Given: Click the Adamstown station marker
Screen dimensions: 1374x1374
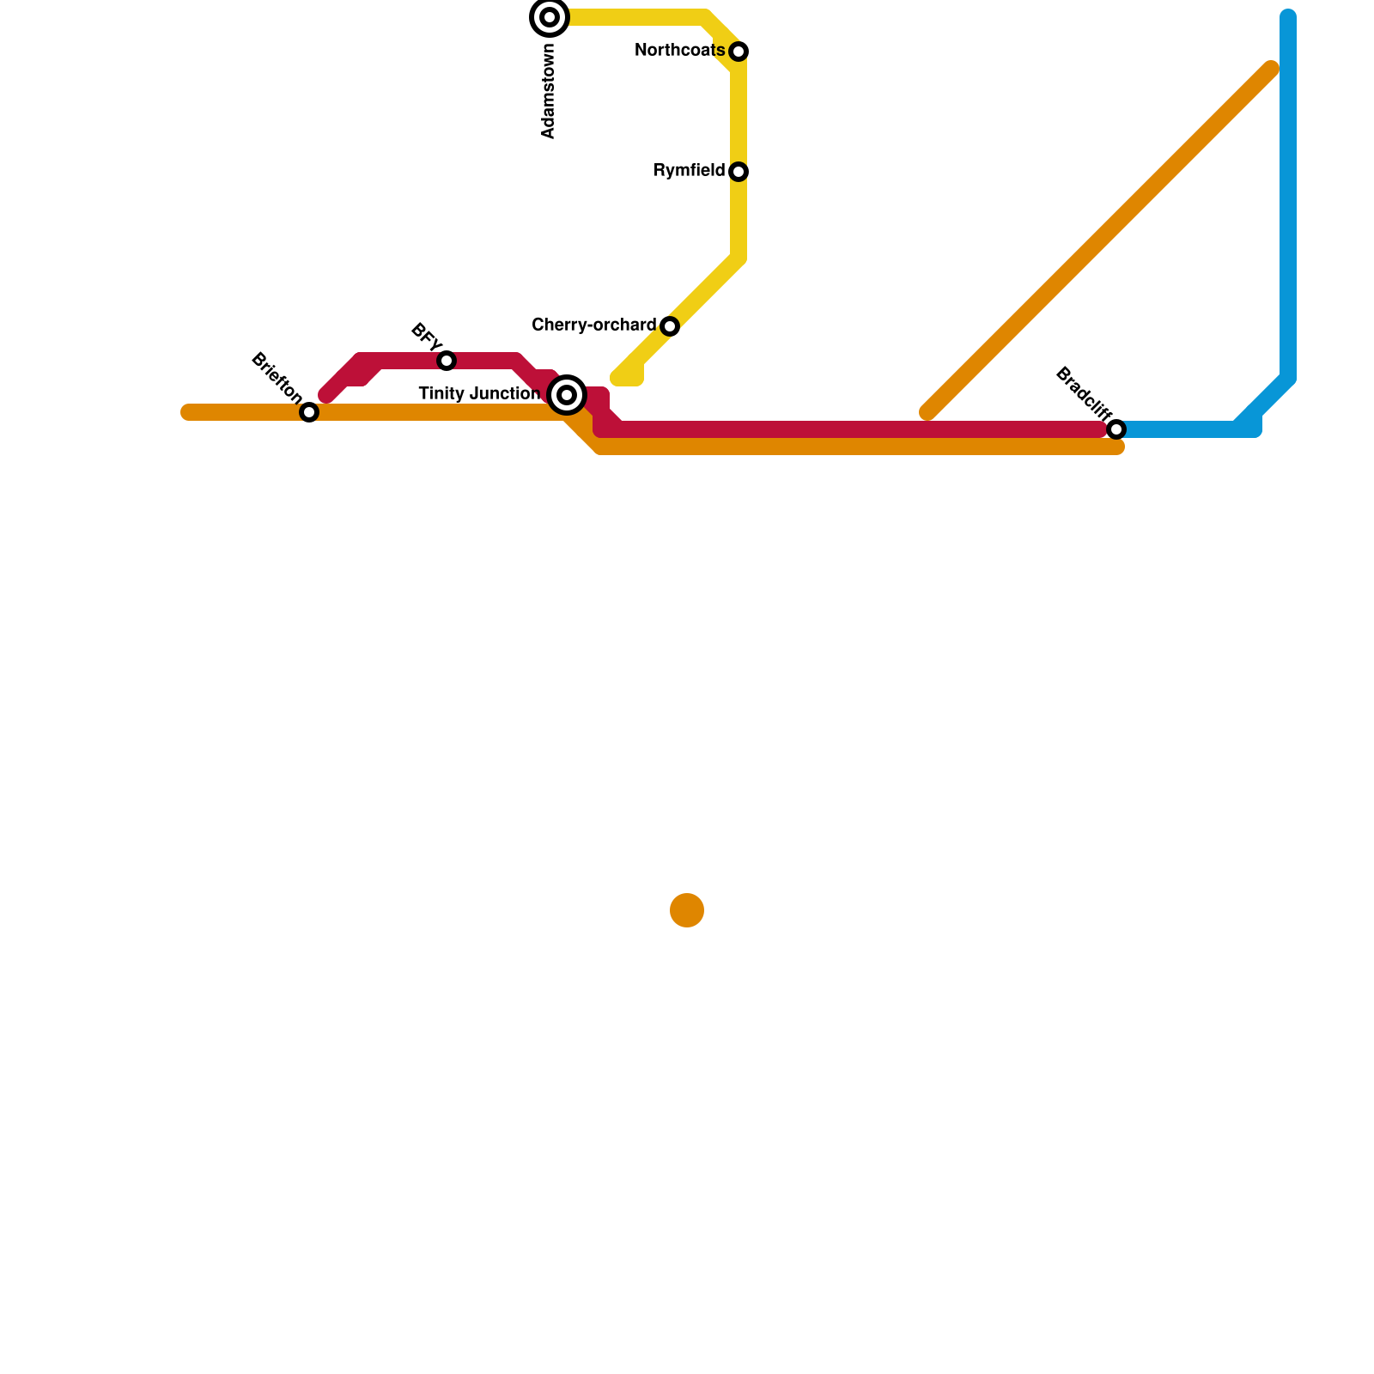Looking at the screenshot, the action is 550,17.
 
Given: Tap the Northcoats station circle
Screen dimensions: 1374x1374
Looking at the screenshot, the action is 739,52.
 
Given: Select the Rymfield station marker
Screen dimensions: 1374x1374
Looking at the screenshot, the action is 739,172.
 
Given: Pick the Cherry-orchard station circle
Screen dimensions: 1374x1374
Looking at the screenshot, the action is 670,326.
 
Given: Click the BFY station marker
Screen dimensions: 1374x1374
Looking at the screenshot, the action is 447,361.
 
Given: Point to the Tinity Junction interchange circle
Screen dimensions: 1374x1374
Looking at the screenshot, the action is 567,395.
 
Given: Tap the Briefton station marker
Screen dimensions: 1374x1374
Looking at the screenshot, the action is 309,412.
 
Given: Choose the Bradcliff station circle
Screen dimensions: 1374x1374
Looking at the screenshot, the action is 1116,429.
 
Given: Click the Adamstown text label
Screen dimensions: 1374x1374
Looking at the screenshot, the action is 549,91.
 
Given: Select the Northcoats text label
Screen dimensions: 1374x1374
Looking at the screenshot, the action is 679,51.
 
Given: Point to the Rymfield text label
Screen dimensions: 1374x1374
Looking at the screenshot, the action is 689,171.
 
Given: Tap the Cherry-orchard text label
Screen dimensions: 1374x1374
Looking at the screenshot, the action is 593,325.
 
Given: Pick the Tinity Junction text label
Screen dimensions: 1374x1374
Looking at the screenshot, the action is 479,394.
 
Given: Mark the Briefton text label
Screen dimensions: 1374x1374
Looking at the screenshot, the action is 276,377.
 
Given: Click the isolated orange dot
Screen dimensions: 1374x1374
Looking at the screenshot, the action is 687,910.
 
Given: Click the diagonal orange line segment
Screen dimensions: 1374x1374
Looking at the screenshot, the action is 1099,240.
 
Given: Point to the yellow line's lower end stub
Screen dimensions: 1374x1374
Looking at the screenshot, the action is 627,378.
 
